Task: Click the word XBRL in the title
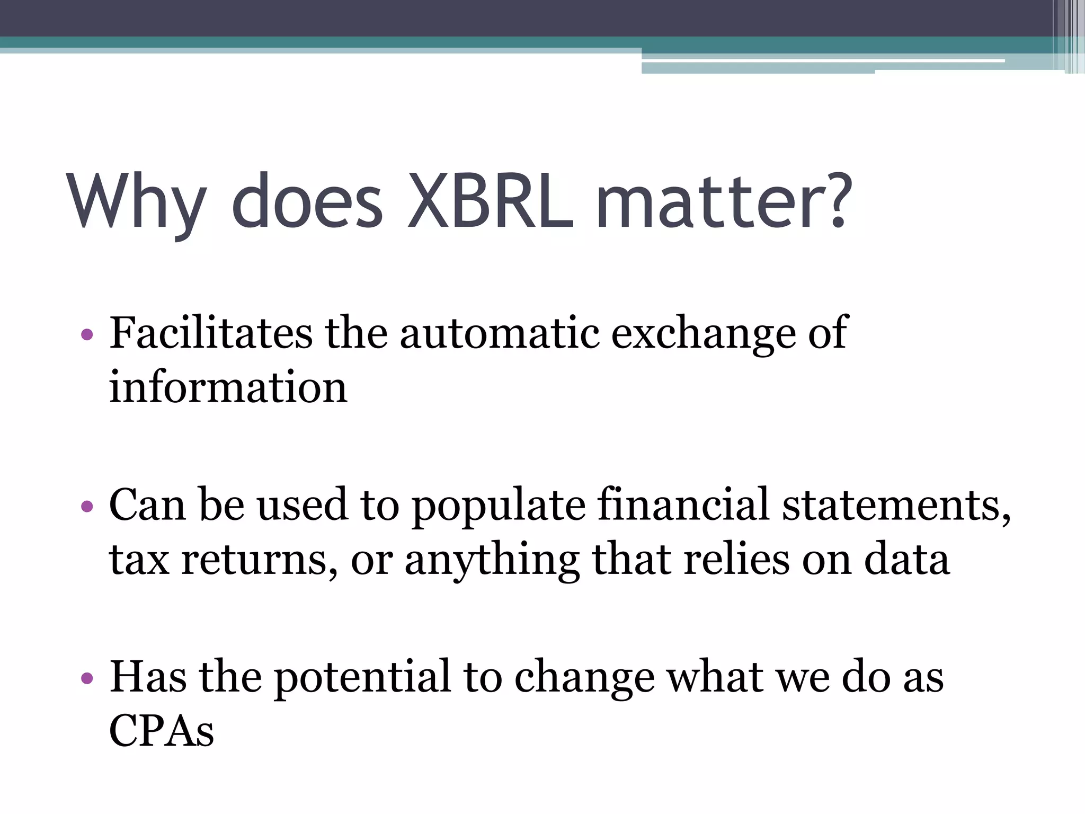click(x=490, y=202)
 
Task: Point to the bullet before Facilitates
click(x=87, y=335)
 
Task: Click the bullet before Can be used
click(x=87, y=507)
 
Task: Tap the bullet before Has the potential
click(x=87, y=678)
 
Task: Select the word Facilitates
click(x=211, y=333)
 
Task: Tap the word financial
click(x=683, y=505)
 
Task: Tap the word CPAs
click(x=162, y=731)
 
